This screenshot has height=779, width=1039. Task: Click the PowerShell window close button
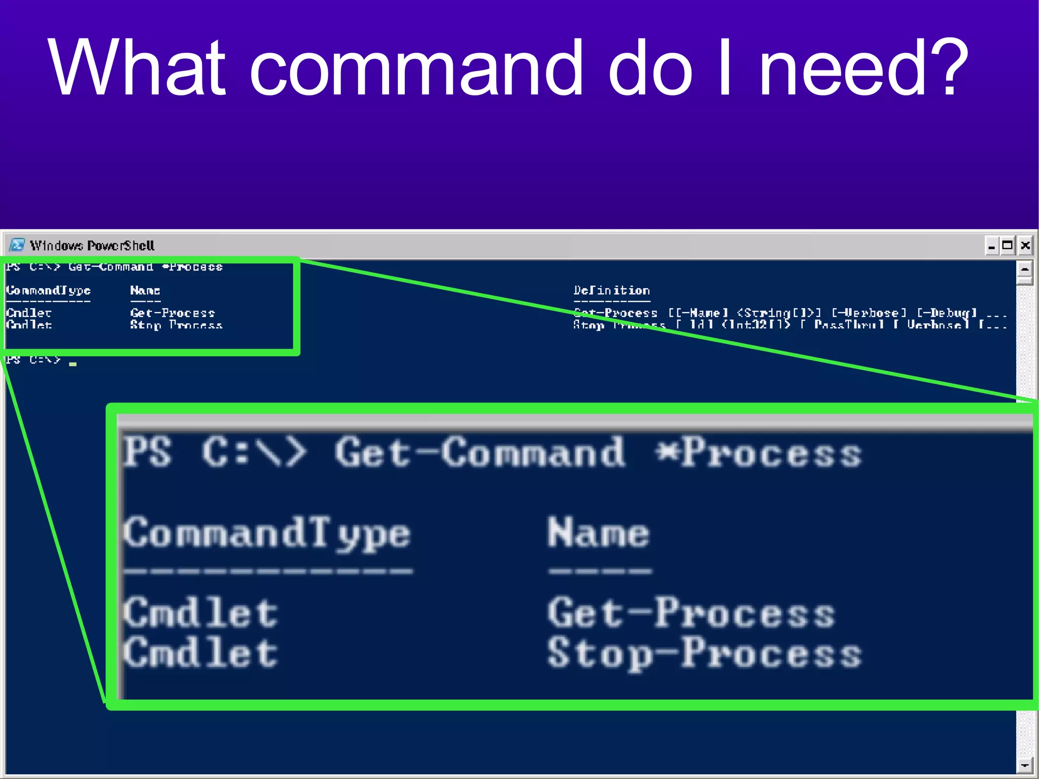pyautogui.click(x=1025, y=246)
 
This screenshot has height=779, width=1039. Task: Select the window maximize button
pyautogui.click(x=1008, y=246)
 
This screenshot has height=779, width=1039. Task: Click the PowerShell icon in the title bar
pyautogui.click(x=17, y=246)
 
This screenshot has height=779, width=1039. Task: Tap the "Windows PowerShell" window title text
pyautogui.click(x=92, y=246)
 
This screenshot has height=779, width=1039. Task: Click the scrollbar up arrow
pyautogui.click(x=1024, y=269)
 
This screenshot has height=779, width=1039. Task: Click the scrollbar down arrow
pyautogui.click(x=1024, y=764)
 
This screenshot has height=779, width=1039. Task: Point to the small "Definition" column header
pyautogui.click(x=611, y=291)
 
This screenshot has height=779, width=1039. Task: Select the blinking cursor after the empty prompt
pyautogui.click(x=73, y=363)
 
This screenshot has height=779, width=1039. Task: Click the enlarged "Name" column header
pyautogui.click(x=599, y=533)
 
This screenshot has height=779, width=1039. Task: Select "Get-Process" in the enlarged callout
pyautogui.click(x=691, y=613)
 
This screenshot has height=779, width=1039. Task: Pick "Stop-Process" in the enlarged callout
pyautogui.click(x=704, y=654)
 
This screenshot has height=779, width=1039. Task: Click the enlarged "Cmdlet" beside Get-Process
pyautogui.click(x=201, y=613)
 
